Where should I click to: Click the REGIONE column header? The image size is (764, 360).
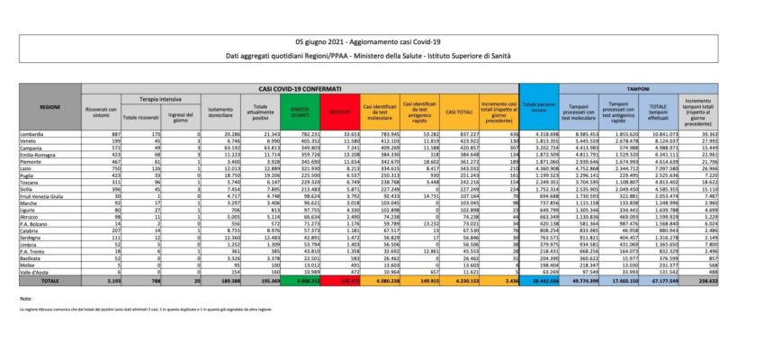[50, 107]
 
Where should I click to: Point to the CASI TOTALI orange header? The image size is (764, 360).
[457, 111]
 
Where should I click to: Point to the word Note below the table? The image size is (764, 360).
[25, 297]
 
